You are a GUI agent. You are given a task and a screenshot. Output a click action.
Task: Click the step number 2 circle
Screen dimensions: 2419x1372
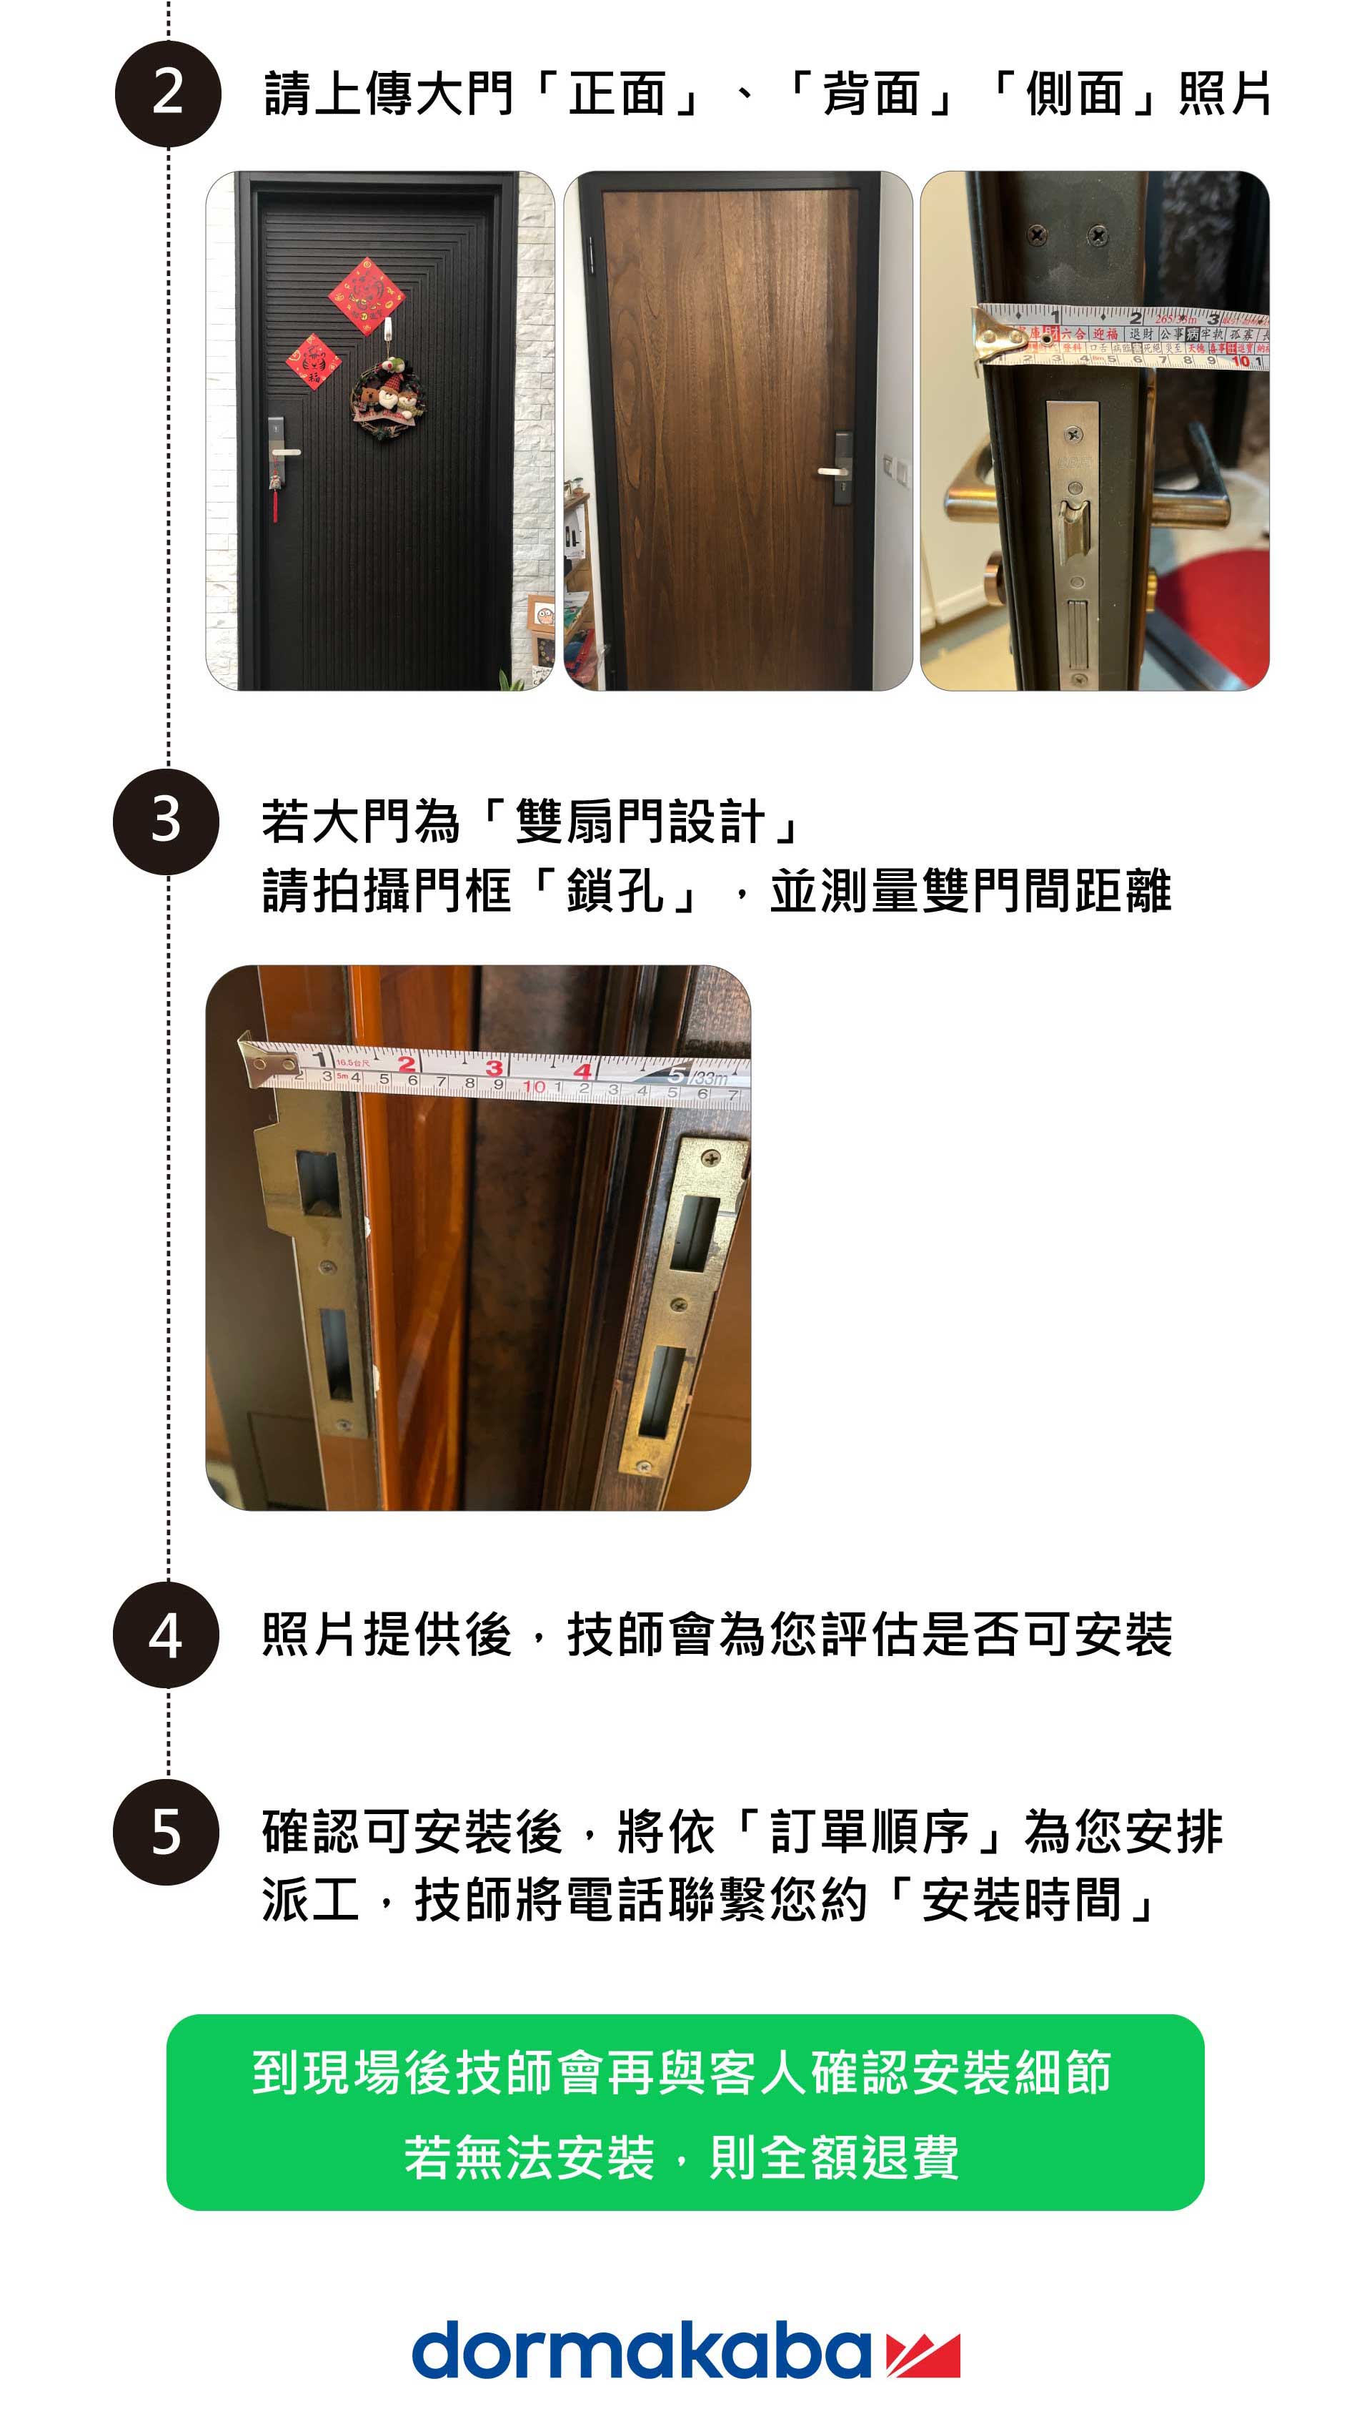168,94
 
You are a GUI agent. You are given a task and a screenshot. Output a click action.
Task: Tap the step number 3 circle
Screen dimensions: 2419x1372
166,820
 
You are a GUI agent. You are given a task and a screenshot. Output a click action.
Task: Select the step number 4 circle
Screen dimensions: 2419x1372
166,1635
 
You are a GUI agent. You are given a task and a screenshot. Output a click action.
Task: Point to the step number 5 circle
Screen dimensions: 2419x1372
166,1833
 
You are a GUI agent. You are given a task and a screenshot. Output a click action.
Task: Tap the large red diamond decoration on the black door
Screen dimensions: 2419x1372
367,295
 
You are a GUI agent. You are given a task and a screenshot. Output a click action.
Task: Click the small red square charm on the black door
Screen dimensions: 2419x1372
313,361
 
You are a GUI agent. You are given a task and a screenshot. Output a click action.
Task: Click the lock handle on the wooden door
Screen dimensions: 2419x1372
834,471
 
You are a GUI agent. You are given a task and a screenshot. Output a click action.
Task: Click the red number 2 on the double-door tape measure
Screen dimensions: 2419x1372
406,1064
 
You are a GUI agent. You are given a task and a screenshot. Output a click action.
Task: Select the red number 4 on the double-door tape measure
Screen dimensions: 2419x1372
583,1071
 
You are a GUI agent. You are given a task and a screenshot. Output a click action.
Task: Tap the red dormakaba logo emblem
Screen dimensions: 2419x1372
923,2354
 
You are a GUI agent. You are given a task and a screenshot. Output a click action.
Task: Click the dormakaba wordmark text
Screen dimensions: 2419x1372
641,2352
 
